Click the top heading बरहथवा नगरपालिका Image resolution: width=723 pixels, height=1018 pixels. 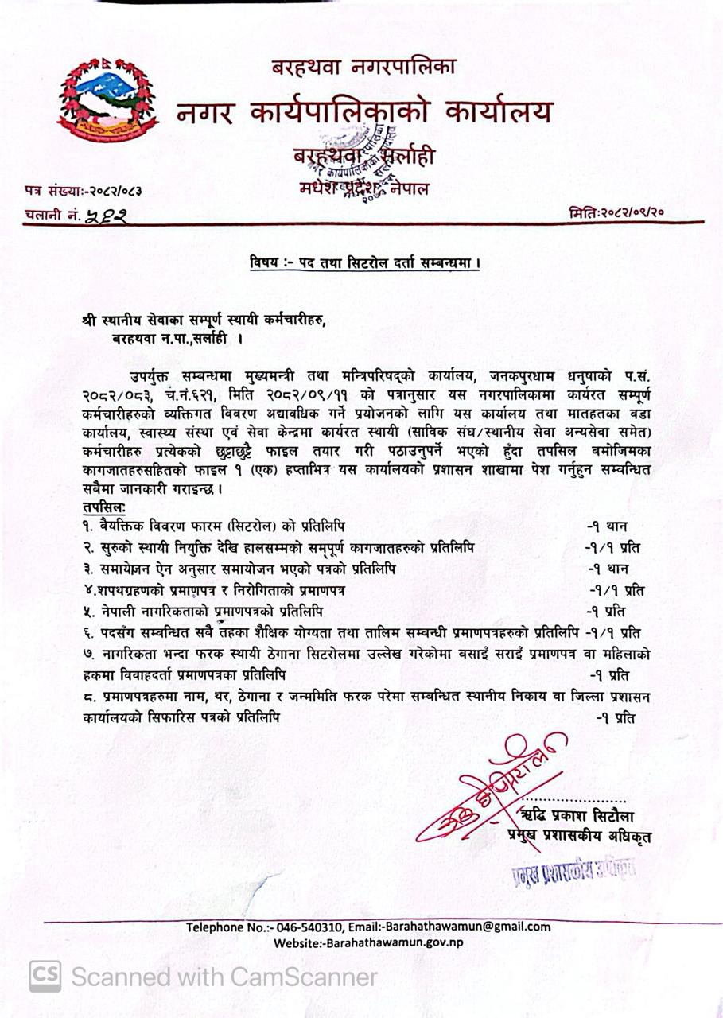tap(363, 68)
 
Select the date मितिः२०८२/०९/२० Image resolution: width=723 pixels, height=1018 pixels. tap(616, 213)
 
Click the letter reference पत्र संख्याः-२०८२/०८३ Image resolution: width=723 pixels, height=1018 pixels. tap(87, 191)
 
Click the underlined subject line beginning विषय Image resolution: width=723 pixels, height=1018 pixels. tap(364, 262)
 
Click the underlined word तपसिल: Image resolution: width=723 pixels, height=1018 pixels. tap(103, 507)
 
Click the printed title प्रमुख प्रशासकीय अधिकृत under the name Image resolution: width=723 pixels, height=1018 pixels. tap(580, 836)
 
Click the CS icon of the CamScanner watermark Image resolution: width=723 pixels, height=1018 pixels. tap(45, 976)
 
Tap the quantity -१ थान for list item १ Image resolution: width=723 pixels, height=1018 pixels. tap(608, 526)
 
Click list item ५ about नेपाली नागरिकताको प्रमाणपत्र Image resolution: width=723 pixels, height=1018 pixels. tap(203, 612)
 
